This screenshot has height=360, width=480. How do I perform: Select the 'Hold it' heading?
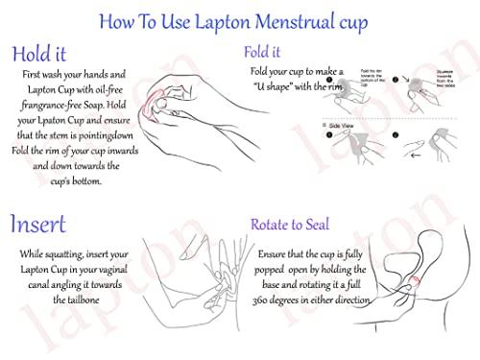[x=43, y=55]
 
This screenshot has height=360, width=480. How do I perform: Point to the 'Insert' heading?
[x=38, y=225]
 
